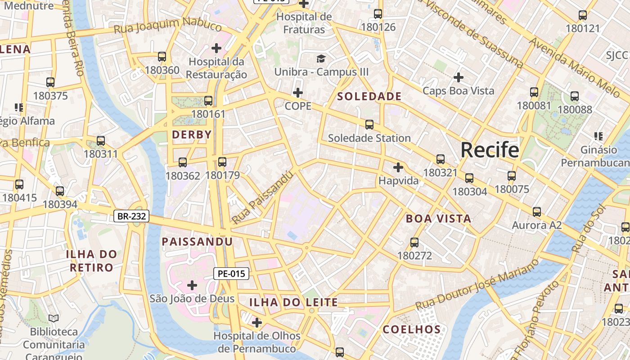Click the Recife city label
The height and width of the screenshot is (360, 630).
tap(490, 150)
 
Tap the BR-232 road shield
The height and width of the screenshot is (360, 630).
tap(131, 216)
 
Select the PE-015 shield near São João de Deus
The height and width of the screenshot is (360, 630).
tap(231, 273)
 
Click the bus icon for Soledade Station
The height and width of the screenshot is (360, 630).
tap(369, 125)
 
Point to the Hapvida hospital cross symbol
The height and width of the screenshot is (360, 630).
tap(398, 167)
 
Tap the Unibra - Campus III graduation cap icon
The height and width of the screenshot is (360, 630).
tap(321, 58)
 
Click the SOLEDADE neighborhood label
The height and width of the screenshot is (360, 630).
tap(369, 96)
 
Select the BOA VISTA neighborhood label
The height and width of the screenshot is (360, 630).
tap(438, 219)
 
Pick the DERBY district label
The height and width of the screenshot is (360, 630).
tap(192, 135)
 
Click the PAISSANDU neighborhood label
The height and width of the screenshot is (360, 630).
tap(197, 242)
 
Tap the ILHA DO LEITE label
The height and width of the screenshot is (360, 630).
tap(293, 302)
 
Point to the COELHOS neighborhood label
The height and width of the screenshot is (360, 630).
tap(411, 329)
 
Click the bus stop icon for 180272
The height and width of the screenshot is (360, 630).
tap(414, 243)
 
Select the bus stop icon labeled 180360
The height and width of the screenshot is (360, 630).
tap(162, 57)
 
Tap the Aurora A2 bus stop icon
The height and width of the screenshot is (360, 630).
tap(536, 212)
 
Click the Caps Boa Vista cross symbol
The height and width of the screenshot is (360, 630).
tap(458, 77)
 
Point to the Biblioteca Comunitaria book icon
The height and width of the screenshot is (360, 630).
tap(54, 319)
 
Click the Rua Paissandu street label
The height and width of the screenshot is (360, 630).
tap(263, 198)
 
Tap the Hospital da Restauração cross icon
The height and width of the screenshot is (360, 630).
tap(216, 48)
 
